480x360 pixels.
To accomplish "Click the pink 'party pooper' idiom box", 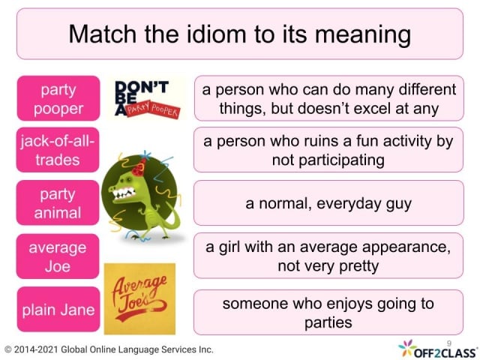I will [x=57, y=98].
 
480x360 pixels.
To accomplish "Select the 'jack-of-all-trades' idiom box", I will [x=57, y=150].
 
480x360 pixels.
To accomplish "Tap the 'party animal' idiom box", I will [x=57, y=202].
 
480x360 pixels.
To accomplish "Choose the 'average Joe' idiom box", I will [x=57, y=256].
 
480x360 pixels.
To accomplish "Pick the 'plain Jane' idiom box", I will [x=57, y=309].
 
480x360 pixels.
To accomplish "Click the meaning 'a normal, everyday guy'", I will [x=328, y=202].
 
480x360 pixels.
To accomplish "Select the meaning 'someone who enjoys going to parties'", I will [x=328, y=313].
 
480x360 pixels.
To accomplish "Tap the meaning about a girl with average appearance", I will [x=328, y=256].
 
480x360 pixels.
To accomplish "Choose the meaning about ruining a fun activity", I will [x=328, y=150].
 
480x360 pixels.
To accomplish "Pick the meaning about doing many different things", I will [x=328, y=98].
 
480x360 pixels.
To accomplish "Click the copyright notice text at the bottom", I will [x=109, y=349].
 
